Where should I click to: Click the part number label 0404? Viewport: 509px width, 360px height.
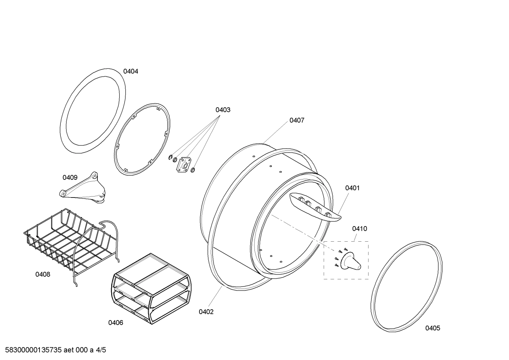tap(131, 71)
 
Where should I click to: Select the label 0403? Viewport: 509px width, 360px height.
tap(223, 110)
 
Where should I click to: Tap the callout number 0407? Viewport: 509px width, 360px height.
tap(297, 120)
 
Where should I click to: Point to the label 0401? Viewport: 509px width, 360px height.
tap(352, 188)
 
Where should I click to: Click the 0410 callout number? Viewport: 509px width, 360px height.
tap(360, 229)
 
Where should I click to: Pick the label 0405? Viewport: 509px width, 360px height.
tap(433, 328)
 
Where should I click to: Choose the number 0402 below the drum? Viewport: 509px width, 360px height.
tap(206, 312)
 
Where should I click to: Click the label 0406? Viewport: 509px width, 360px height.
tap(116, 323)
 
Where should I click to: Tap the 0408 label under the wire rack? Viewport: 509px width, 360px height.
tap(43, 274)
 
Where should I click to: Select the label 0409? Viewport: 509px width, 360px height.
tap(70, 177)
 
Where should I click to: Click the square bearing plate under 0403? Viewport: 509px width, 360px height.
tap(184, 164)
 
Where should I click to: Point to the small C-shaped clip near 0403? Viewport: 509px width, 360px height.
tap(170, 157)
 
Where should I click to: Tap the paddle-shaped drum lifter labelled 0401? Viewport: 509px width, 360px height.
tap(315, 207)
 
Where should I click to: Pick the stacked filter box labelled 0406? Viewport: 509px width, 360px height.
tap(151, 289)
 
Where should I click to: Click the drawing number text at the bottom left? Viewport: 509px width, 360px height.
tap(55, 350)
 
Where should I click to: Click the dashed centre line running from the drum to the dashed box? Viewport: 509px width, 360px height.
tap(303, 232)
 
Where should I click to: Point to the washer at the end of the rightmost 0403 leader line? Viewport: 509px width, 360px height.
tap(193, 170)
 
